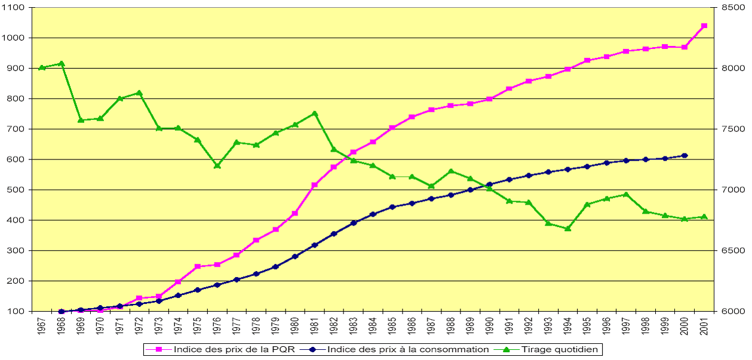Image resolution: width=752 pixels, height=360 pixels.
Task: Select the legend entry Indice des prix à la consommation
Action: [x=407, y=349]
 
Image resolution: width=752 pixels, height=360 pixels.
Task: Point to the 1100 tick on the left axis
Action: [x=14, y=8]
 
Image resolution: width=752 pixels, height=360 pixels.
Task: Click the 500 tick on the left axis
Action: [x=14, y=190]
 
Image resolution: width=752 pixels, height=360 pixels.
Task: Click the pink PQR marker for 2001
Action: [x=704, y=26]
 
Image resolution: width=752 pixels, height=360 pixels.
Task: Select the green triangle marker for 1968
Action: [x=62, y=63]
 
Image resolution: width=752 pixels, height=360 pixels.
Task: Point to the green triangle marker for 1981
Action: [x=315, y=113]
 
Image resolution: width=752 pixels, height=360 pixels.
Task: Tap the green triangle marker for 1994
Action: [x=567, y=228]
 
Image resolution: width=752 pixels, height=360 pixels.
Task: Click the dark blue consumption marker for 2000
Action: [x=685, y=156]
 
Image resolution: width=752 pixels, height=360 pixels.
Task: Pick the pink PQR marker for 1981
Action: [x=315, y=185]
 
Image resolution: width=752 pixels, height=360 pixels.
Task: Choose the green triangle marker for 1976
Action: [x=217, y=165]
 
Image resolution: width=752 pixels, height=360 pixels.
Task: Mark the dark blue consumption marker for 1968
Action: [x=62, y=312]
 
